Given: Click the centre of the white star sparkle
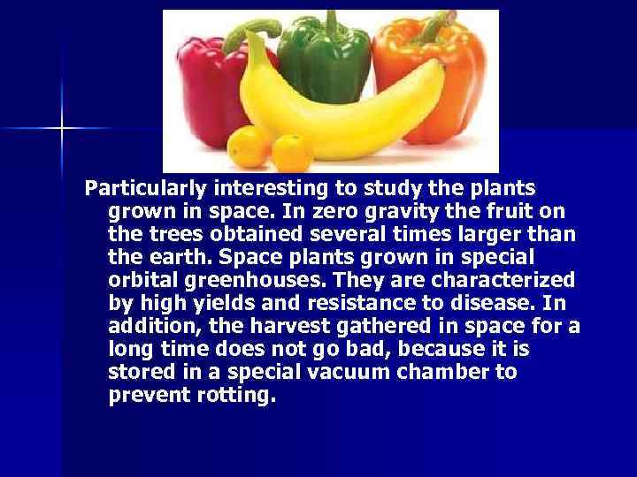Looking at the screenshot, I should [62, 129].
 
